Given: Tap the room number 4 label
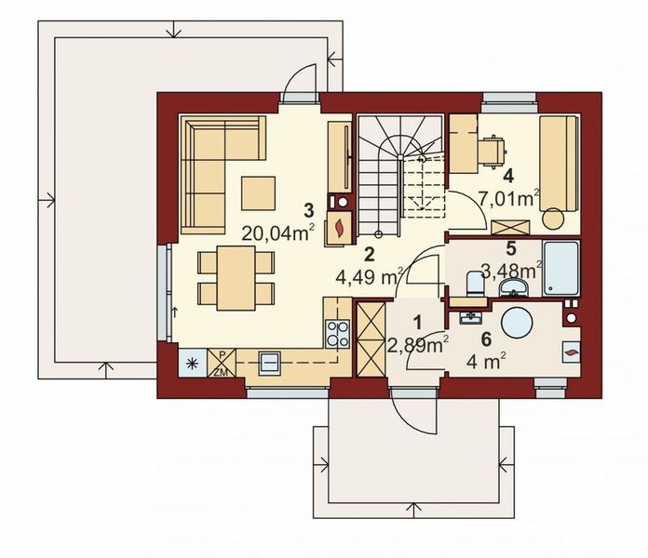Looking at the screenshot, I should coord(507,174).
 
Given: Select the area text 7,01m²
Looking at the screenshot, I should coord(509,197).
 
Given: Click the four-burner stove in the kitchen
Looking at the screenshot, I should coord(337,332).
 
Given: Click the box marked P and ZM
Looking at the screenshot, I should coord(222,363).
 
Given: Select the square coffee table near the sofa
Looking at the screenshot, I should coord(258,193).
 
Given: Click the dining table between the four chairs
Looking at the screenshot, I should coord(236,276).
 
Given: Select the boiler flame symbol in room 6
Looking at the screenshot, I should coord(570,352).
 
